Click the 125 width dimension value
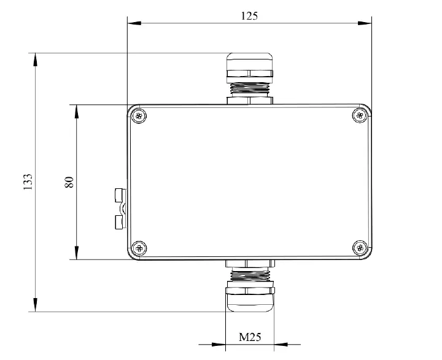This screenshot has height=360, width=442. coord(249,17)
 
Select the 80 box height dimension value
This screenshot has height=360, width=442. coord(69,182)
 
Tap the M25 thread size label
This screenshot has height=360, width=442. coord(249,337)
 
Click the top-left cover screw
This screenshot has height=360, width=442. coord(141,115)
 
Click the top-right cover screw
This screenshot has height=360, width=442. coord(360,115)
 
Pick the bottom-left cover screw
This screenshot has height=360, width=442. coord(141,248)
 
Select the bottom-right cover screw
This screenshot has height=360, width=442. coord(360,248)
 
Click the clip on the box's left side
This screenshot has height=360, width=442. coord(120,209)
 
